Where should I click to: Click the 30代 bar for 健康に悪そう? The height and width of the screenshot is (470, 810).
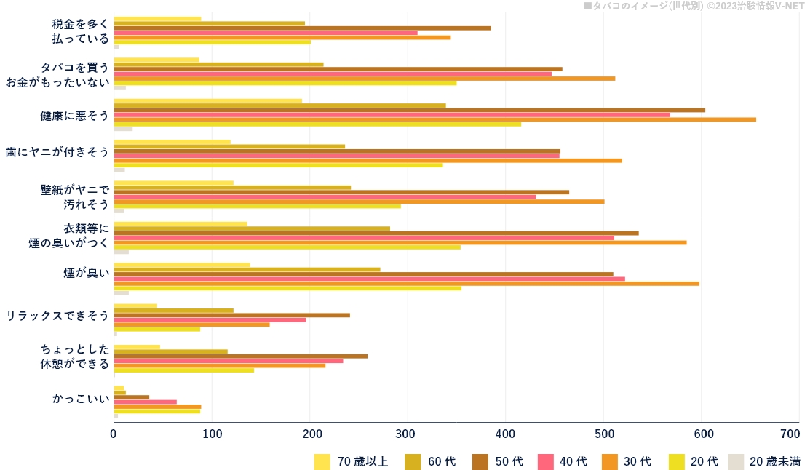(434, 119)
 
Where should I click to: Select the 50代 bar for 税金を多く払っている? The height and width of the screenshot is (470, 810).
(302, 28)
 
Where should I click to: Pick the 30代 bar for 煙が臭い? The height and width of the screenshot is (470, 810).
(406, 283)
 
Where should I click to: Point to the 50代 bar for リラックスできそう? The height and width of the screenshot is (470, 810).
(231, 315)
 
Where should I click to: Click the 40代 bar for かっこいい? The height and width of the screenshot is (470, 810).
(145, 402)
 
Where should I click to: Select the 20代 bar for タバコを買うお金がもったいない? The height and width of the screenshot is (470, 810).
(285, 83)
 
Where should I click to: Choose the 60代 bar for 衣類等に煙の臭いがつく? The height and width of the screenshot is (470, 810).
(252, 228)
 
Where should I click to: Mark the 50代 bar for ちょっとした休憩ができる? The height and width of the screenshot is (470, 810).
(240, 356)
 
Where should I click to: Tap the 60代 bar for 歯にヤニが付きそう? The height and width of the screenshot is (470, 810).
(229, 146)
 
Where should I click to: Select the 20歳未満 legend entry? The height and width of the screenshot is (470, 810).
(765, 462)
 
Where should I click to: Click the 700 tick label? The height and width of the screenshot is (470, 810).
(789, 434)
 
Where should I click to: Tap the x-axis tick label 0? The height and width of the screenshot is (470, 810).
(114, 434)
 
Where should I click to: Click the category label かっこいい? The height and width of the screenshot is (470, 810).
(80, 399)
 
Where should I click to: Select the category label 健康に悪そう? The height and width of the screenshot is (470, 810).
(74, 116)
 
